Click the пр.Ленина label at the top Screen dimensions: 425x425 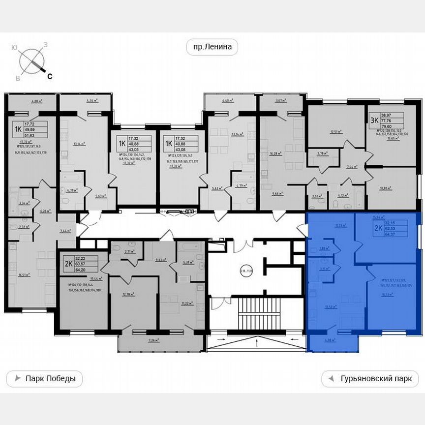tap(212, 48)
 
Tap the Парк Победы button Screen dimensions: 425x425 tap(44, 379)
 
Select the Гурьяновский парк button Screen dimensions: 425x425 tap(370, 379)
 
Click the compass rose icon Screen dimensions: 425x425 tap(32, 61)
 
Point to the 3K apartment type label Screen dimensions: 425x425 tap(374, 119)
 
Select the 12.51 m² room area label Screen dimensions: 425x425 tap(336, 132)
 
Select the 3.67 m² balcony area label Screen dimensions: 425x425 tap(280, 101)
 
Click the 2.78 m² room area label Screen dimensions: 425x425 tap(323, 153)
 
